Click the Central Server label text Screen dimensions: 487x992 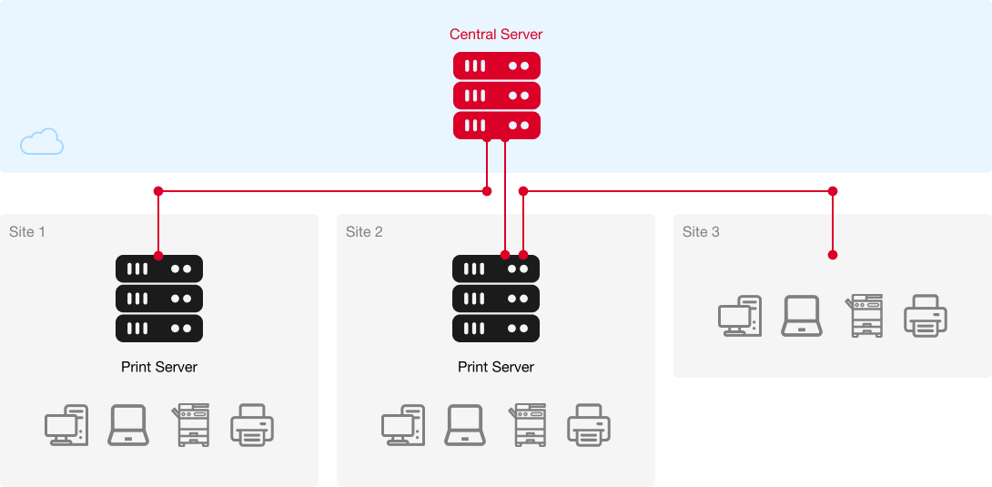coord(496,35)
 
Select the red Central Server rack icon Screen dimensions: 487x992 coord(497,96)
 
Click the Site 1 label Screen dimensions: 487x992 coord(27,232)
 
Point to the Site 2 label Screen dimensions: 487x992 coord(364,232)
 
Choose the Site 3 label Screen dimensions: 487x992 coord(701,232)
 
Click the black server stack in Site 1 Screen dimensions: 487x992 coord(159,299)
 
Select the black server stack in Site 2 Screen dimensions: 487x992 coord(496,299)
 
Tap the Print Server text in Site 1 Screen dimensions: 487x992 coord(159,367)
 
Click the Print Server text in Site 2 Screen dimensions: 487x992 coord(496,367)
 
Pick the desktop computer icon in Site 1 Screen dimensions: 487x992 coord(66,425)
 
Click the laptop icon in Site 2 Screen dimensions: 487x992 coord(465,425)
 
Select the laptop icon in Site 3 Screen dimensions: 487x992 coord(802,316)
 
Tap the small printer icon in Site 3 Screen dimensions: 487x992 coord(926,316)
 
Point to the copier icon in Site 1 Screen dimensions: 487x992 coord(191,425)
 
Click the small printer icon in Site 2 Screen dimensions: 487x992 coord(589,425)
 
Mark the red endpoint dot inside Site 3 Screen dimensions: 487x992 coord(833,256)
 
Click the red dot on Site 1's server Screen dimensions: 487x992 coord(158,256)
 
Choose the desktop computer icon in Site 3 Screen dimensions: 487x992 coord(738,316)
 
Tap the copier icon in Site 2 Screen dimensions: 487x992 coord(528,425)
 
